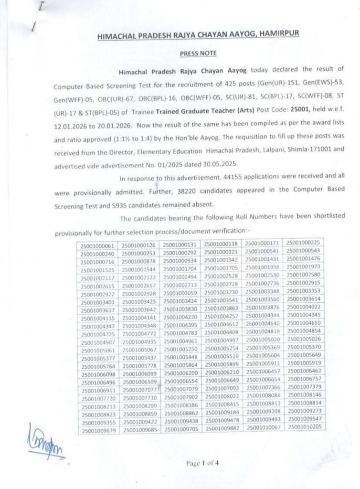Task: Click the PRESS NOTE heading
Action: (198, 53)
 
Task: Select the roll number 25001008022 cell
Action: (221, 395)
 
